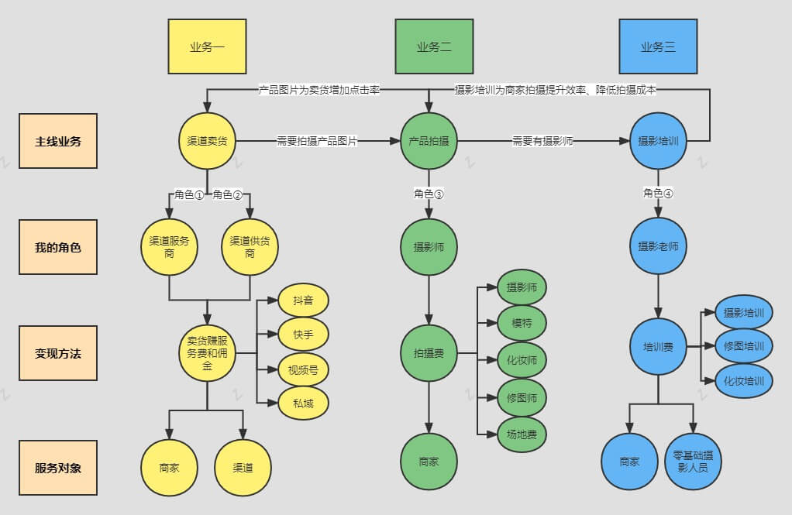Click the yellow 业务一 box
point(207,46)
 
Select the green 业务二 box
point(433,46)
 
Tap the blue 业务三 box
point(658,46)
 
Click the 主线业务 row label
point(58,141)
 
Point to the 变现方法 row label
point(58,353)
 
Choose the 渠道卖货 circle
point(207,141)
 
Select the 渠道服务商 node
point(170,247)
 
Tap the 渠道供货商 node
point(250,247)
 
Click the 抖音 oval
point(303,300)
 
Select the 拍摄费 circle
point(429,353)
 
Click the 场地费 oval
point(522,434)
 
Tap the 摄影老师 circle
point(658,247)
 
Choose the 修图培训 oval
point(743,346)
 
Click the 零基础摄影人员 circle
point(694,462)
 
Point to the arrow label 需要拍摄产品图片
point(317,141)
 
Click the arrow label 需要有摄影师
point(542,141)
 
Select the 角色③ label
point(429,194)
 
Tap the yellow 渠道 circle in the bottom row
point(243,468)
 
